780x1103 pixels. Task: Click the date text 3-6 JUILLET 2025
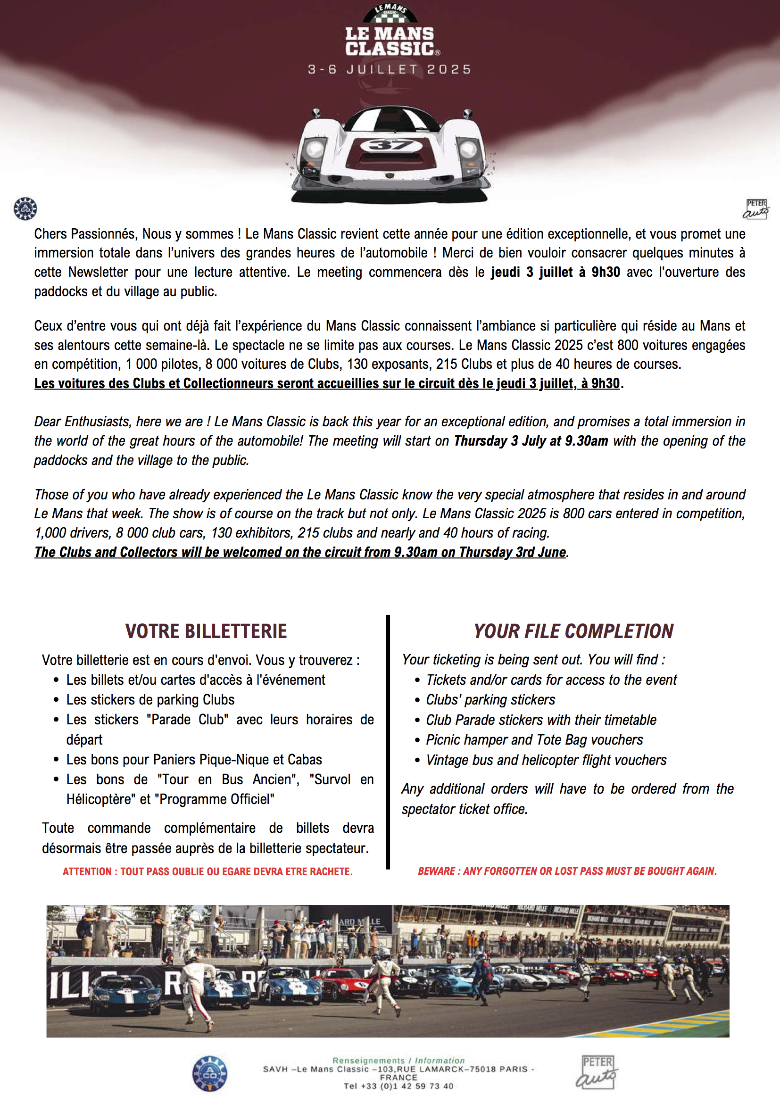[x=390, y=70]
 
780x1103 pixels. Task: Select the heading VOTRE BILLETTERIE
[x=206, y=631]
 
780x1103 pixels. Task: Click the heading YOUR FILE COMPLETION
[x=573, y=631]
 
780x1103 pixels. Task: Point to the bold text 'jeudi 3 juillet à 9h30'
[x=555, y=273]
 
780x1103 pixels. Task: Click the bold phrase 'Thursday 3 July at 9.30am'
[x=531, y=441]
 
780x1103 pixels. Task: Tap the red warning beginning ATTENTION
[x=207, y=871]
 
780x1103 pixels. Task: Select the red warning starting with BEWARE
[x=567, y=871]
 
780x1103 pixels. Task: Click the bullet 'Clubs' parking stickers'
[x=490, y=700]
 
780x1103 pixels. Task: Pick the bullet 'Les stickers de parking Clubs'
[x=150, y=700]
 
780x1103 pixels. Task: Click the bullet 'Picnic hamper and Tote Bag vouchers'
[x=534, y=740]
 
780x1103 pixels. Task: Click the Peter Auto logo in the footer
[x=597, y=1072]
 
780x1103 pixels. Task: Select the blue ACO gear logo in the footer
[x=210, y=1074]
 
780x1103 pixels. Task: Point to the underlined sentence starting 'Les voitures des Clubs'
[x=327, y=383]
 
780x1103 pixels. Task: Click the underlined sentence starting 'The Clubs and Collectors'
[x=300, y=553]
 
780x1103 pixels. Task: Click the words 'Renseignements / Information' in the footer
[x=398, y=1060]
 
